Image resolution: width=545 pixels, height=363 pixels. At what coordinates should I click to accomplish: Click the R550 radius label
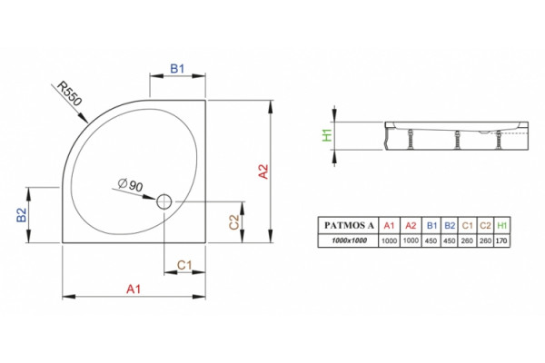[x=70, y=93]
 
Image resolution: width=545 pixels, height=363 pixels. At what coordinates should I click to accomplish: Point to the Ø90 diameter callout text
[x=130, y=184]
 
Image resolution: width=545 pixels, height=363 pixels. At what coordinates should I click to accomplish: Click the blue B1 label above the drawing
[x=177, y=68]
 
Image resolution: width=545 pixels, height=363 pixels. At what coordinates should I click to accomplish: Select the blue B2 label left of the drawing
[x=22, y=215]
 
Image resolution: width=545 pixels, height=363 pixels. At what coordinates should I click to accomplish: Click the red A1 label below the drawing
[x=134, y=289]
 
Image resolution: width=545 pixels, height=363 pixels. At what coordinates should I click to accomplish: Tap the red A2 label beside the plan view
[x=263, y=172]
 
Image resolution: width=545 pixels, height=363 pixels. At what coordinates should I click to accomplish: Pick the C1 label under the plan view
[x=184, y=265]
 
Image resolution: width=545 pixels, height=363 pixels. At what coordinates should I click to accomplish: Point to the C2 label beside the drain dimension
[x=234, y=222]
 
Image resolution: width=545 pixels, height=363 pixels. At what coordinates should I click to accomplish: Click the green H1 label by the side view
[x=327, y=135]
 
